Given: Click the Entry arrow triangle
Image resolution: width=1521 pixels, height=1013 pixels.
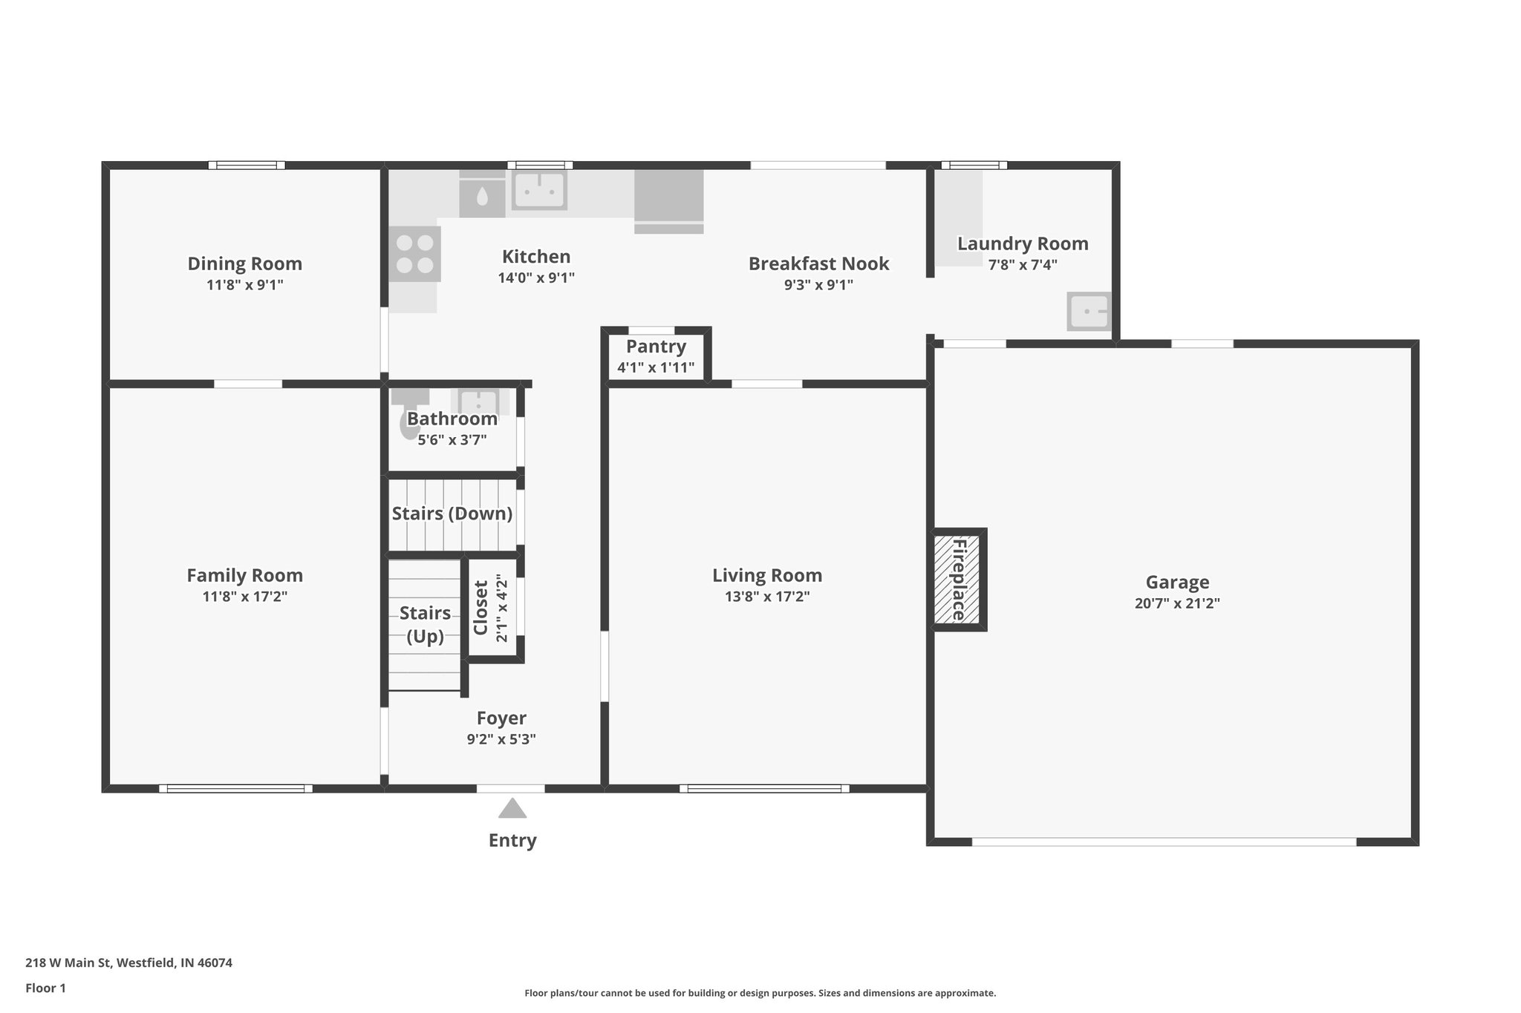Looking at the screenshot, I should tap(512, 808).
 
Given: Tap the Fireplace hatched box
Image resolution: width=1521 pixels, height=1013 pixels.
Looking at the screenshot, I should tap(957, 580).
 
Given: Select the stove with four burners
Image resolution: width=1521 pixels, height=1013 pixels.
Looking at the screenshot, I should tap(414, 254).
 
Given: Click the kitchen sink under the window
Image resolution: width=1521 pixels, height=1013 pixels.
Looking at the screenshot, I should tap(539, 190).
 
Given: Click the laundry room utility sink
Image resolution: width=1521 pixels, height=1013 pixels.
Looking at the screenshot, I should tap(1089, 311).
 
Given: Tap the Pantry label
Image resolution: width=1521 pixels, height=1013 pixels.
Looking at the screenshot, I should tap(656, 347).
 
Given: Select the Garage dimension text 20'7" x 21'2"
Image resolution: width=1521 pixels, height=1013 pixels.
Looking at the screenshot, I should tap(1176, 603).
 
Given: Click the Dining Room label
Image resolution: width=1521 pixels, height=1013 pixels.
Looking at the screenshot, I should tap(244, 263).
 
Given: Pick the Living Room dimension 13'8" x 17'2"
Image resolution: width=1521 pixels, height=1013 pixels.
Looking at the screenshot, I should tap(767, 597).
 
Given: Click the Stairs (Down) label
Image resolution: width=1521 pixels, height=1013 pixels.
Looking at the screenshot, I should tap(452, 514).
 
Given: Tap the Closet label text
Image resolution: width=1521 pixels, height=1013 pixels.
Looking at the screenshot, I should tap(481, 608).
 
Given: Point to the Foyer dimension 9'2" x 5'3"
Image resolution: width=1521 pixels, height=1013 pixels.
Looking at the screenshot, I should tap(501, 739).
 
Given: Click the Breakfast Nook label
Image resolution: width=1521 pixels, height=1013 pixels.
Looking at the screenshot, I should tap(818, 263).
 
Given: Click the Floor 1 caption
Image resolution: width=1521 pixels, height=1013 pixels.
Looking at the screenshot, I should tap(45, 988).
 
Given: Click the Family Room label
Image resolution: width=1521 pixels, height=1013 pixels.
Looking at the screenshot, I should tap(244, 575).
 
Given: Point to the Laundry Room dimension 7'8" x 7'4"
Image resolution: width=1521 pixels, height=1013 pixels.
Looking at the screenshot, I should tap(1022, 264).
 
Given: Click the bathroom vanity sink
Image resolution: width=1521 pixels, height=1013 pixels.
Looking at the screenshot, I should tap(478, 402).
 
